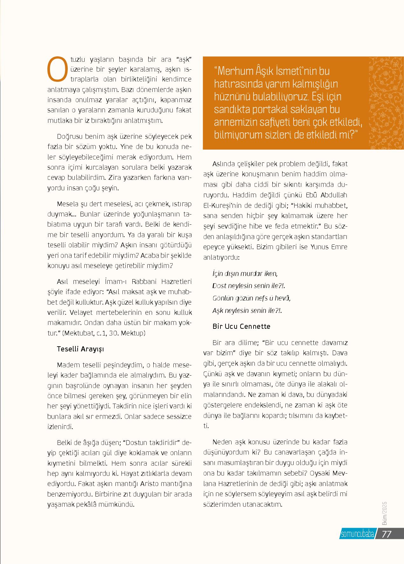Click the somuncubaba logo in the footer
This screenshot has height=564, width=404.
[x=356, y=534]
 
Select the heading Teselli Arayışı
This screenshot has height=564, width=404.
[x=80, y=349]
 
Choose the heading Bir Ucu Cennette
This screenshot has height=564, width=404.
[x=241, y=326]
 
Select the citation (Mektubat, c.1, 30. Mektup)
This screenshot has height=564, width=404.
[x=104, y=333]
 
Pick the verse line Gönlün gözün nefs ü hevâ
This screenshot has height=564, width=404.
[x=251, y=298]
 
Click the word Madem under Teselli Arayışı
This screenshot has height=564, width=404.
[x=66, y=364]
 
